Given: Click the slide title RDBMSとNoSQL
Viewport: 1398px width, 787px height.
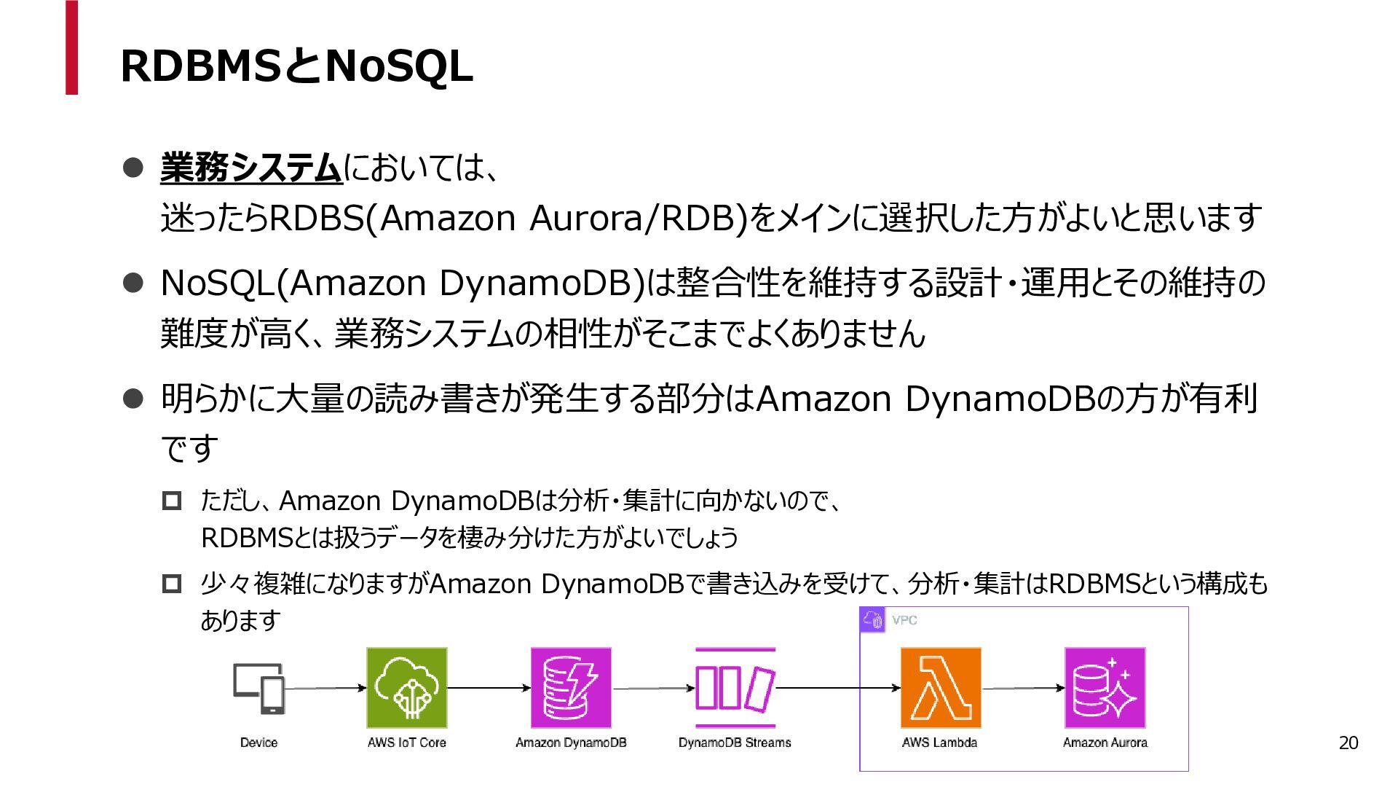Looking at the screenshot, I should pyautogui.click(x=296, y=66).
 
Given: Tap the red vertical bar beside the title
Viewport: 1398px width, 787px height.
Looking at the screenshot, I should pyautogui.click(x=71, y=47).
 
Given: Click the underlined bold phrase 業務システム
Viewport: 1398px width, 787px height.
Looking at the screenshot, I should pyautogui.click(x=251, y=168).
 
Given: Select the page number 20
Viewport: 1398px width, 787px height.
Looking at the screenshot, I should pyautogui.click(x=1348, y=743).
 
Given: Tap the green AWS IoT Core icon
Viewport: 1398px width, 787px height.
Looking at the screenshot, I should pyautogui.click(x=406, y=688).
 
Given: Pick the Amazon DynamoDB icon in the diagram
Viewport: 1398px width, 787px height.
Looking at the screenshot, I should pyautogui.click(x=571, y=688).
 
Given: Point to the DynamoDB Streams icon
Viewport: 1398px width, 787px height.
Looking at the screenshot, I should pyautogui.click(x=735, y=688).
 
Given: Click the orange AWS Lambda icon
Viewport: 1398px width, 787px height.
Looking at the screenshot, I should pyautogui.click(x=940, y=688).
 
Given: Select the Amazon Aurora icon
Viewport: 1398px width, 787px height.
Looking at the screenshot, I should pyautogui.click(x=1105, y=688).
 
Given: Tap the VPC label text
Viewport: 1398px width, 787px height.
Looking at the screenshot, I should pyautogui.click(x=904, y=620).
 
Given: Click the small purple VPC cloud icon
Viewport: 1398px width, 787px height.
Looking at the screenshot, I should pyautogui.click(x=872, y=619).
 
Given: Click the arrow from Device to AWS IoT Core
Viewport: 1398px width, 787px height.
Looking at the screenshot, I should pyautogui.click(x=325, y=688).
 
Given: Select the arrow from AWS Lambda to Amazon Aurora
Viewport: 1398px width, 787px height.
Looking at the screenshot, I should pyautogui.click(x=1022, y=688).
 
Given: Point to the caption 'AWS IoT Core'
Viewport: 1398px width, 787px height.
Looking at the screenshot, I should pyautogui.click(x=406, y=743).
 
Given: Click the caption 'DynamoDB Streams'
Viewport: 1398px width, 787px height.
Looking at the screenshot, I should pyautogui.click(x=735, y=743).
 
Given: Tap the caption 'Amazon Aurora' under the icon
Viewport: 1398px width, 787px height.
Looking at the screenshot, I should pyautogui.click(x=1105, y=743).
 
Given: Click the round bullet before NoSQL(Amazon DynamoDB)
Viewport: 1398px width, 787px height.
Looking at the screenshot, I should pyautogui.click(x=133, y=283).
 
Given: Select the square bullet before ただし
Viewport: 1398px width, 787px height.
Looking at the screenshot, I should pyautogui.click(x=172, y=501).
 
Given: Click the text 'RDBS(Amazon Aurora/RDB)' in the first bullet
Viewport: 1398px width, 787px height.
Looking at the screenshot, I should pyautogui.click(x=508, y=218).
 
